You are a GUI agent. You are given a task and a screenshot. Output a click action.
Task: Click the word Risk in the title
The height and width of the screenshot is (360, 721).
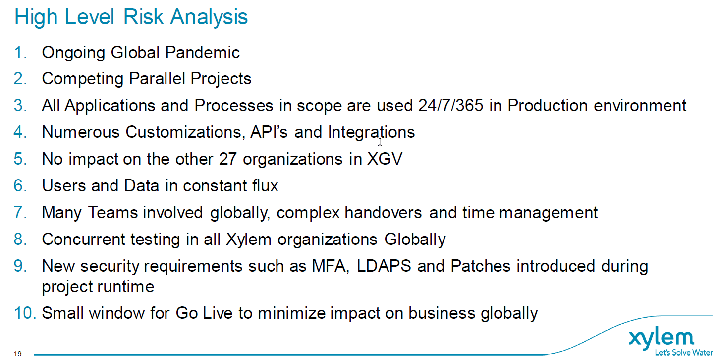tap(143, 17)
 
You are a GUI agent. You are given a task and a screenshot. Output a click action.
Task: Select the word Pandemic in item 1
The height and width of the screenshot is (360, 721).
tap(203, 52)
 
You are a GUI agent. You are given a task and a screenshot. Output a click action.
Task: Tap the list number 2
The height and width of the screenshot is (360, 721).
tap(20, 79)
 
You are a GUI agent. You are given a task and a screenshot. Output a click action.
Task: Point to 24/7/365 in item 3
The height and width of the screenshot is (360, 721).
tap(450, 105)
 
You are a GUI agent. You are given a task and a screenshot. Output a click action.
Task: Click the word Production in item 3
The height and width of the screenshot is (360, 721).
tap(548, 105)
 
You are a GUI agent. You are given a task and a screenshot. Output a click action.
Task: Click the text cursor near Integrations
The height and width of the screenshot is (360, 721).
tap(380, 142)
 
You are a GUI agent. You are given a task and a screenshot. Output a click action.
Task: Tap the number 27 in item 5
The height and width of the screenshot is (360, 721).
tap(228, 159)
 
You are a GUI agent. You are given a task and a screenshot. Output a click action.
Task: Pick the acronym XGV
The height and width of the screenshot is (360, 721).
tap(385, 159)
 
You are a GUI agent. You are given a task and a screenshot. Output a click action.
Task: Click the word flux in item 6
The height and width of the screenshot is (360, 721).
tap(265, 186)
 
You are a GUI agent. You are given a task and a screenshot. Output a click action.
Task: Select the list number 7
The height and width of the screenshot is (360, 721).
tap(20, 213)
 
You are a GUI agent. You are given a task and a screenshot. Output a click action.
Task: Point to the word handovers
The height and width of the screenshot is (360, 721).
tap(383, 213)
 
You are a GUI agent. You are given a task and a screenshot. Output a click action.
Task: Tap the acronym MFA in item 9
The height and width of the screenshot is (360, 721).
tap(331, 266)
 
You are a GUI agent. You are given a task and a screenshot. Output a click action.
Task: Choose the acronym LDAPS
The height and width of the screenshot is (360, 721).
tap(384, 266)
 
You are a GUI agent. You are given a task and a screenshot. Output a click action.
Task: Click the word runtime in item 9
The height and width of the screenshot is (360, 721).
tap(126, 287)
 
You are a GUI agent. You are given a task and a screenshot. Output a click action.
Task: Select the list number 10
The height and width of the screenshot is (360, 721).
tap(25, 313)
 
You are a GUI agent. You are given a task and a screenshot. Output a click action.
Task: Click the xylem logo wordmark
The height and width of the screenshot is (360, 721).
tap(661, 339)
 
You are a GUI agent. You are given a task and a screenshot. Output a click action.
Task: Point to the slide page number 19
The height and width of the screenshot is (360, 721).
tap(18, 354)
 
